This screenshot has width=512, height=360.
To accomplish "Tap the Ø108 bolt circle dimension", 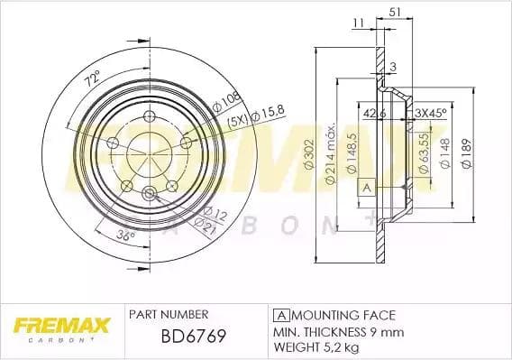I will [228, 97].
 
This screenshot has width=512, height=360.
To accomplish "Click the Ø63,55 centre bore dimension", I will [423, 151].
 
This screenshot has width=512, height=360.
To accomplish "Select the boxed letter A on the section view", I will [366, 187].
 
